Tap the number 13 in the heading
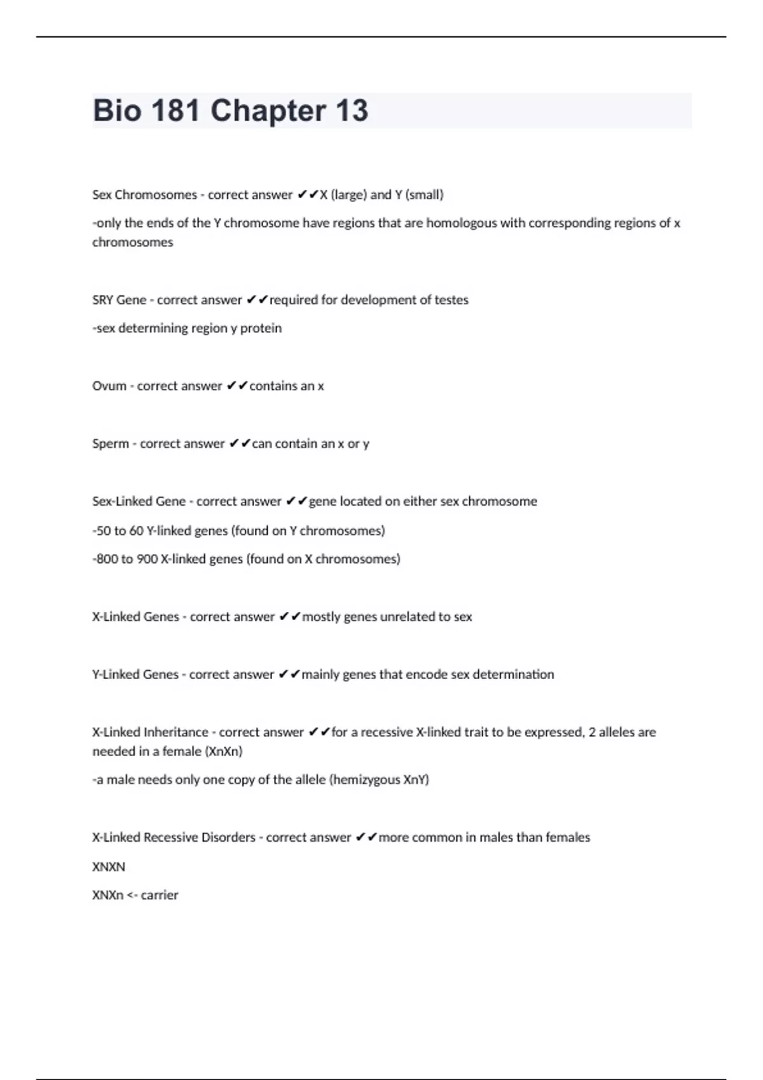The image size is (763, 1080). pyautogui.click(x=351, y=111)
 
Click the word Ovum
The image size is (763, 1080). pyautogui.click(x=109, y=386)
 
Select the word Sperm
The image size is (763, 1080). pyautogui.click(x=111, y=444)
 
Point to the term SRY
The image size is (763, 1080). pyautogui.click(x=103, y=300)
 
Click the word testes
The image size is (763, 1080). pyautogui.click(x=451, y=300)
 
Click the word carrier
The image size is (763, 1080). pyautogui.click(x=160, y=895)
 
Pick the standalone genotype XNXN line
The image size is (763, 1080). pyautogui.click(x=109, y=867)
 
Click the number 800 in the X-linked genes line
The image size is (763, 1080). pyautogui.click(x=107, y=559)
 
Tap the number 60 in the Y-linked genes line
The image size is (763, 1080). pyautogui.click(x=137, y=530)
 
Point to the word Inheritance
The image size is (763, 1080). pyautogui.click(x=176, y=732)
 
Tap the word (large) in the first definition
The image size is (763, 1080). pyautogui.click(x=348, y=195)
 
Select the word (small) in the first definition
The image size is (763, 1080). pyautogui.click(x=424, y=195)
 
